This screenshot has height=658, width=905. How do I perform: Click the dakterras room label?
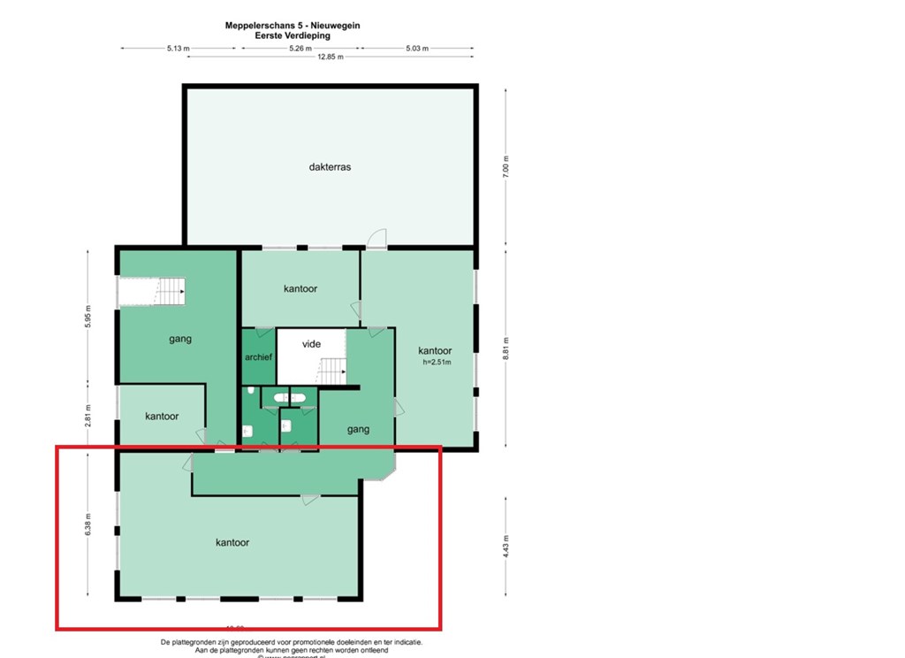pyautogui.click(x=330, y=166)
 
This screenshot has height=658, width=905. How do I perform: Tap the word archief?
pyautogui.click(x=258, y=357)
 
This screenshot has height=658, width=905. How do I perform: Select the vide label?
pyautogui.click(x=311, y=344)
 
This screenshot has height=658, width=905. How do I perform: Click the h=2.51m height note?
pyautogui.click(x=435, y=362)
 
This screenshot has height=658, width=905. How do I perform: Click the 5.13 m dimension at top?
pyautogui.click(x=178, y=49)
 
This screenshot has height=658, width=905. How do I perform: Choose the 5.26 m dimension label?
pyautogui.click(x=300, y=49)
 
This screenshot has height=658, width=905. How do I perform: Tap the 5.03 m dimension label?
pyautogui.click(x=416, y=49)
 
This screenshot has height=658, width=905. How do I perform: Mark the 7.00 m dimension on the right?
pyautogui.click(x=506, y=165)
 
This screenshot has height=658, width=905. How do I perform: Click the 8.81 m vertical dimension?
pyautogui.click(x=506, y=349)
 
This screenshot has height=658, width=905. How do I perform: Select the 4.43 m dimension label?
pyautogui.click(x=506, y=547)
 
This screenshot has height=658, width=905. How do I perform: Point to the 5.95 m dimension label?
pyautogui.click(x=87, y=318)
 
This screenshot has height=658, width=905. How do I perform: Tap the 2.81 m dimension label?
pyautogui.click(x=87, y=416)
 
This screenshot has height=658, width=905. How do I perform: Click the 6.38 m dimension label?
pyautogui.click(x=87, y=524)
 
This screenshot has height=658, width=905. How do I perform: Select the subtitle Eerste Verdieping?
pyautogui.click(x=292, y=36)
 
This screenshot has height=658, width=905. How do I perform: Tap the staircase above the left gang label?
pyautogui.click(x=152, y=291)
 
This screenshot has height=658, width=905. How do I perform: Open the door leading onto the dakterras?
pyautogui.click(x=377, y=238)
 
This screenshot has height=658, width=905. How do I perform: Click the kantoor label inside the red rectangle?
pyautogui.click(x=232, y=542)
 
